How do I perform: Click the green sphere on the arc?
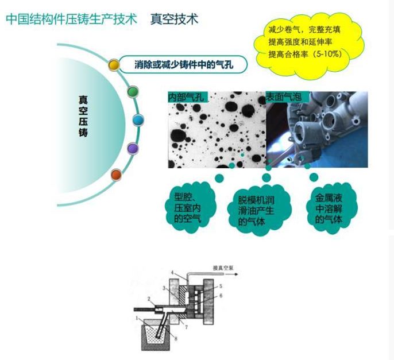[x=132, y=92]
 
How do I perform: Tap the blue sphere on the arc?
[x=138, y=120]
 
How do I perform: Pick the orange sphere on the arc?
[x=116, y=173]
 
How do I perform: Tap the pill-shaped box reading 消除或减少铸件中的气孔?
[x=184, y=64]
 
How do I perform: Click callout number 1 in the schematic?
[x=136, y=318]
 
